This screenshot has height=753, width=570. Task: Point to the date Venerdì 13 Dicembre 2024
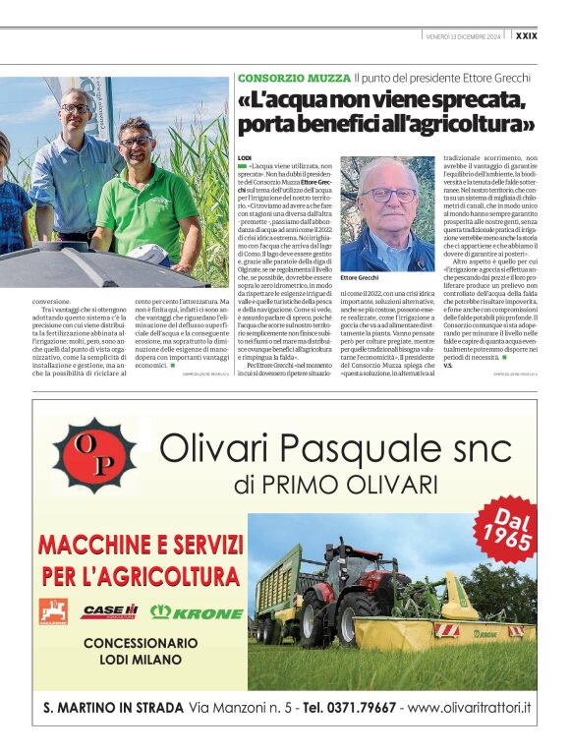point(463,37)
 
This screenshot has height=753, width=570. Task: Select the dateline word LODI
point(245,157)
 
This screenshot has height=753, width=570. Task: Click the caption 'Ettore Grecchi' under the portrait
point(359,278)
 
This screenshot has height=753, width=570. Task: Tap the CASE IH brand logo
point(109,610)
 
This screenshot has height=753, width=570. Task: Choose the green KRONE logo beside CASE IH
point(197,611)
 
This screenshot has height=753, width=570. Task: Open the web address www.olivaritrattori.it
point(469,707)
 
